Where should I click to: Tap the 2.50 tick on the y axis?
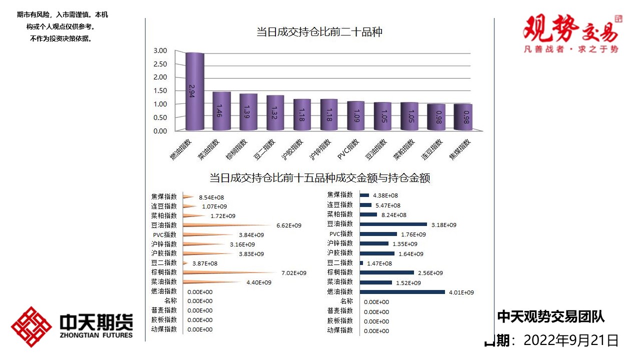tap(160, 64)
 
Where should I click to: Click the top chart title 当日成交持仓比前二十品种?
tap(319, 32)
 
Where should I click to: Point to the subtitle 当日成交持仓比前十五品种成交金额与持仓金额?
tap(319, 178)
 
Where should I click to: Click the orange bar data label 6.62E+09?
tap(289, 225)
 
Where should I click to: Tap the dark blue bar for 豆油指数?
tap(393, 224)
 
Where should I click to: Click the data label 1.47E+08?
tap(379, 263)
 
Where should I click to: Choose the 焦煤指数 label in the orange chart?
tap(164, 197)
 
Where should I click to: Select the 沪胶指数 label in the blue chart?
tap(340, 253)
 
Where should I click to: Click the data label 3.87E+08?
tap(205, 263)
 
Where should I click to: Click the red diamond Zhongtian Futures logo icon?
tap(31, 326)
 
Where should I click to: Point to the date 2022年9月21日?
tap(571, 340)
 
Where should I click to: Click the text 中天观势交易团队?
tap(551, 316)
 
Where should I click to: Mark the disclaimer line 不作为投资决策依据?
tap(61, 38)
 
